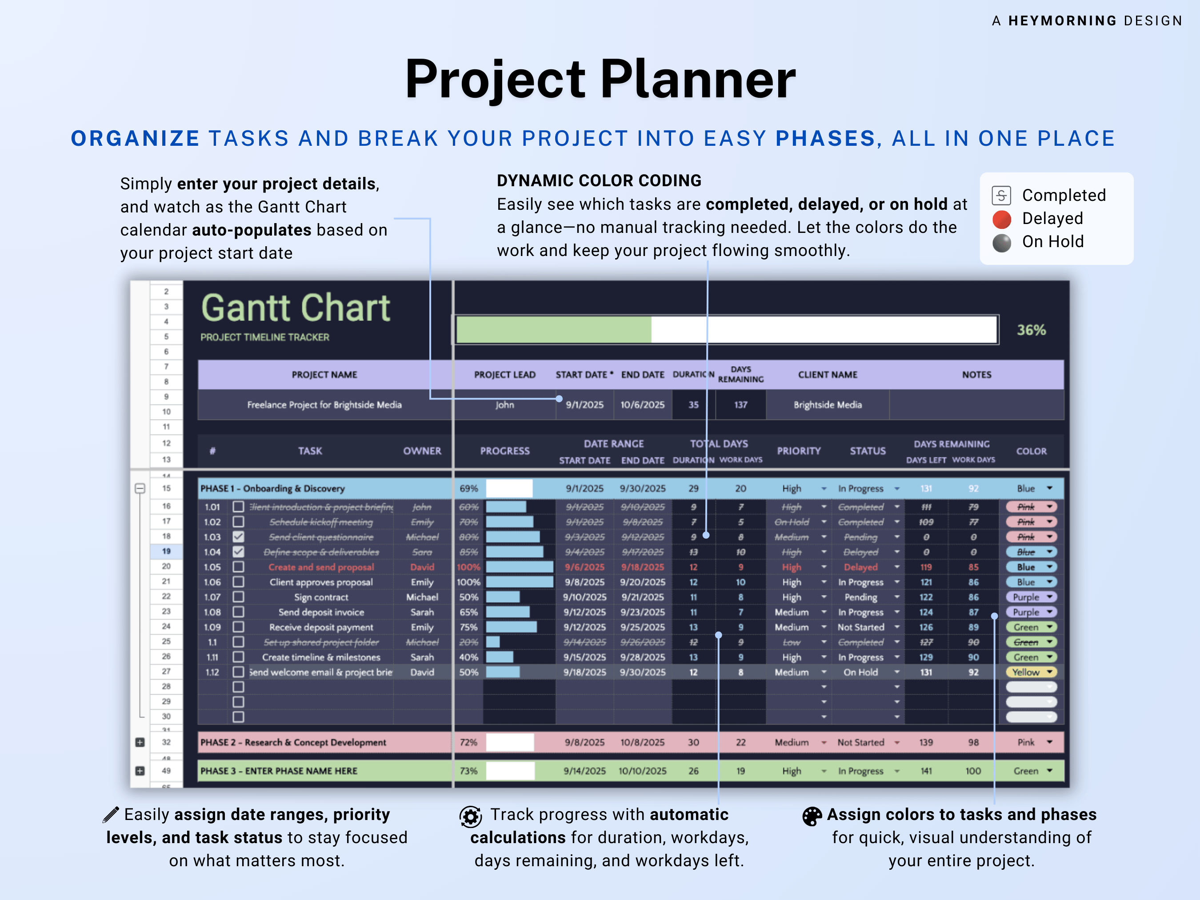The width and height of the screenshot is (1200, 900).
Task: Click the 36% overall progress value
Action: (1031, 330)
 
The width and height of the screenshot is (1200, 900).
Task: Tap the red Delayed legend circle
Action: (1001, 219)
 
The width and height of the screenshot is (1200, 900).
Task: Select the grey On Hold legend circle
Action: (1001, 243)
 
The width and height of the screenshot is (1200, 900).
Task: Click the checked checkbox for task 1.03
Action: (238, 537)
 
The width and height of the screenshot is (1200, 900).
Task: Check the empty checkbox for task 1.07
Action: (238, 597)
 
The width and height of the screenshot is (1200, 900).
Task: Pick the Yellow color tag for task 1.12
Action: (1030, 672)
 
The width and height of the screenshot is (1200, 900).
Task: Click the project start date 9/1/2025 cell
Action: (584, 405)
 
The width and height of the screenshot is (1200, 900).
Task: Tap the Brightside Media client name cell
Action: (827, 405)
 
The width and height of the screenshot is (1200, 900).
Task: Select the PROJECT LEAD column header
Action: (504, 375)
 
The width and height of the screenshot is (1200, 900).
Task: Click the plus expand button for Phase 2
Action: (140, 742)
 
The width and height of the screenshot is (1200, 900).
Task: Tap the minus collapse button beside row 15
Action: (140, 488)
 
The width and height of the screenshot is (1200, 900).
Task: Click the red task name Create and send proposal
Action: (321, 567)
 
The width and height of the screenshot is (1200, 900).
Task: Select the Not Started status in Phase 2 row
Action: (860, 742)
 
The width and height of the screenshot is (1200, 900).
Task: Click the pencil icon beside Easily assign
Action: (111, 815)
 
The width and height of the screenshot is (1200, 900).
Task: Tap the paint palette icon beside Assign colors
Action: (812, 816)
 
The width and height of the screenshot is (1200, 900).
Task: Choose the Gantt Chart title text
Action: (296, 308)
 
